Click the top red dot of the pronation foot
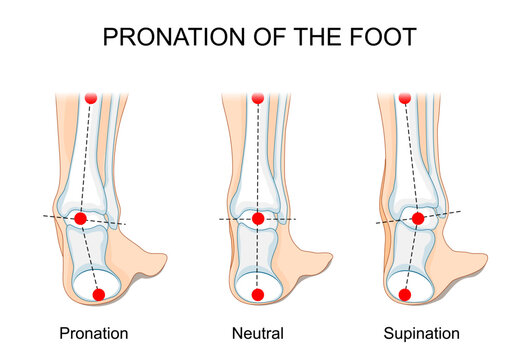tap(91, 98)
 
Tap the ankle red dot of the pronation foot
tap(81, 218)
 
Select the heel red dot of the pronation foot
tap(98, 294)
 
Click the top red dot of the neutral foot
tap(258, 98)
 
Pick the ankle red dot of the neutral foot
tap(257, 219)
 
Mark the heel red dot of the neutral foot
tap(257, 295)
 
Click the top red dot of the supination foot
tap(405, 98)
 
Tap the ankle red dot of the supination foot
tap(418, 217)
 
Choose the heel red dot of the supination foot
tap(404, 294)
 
